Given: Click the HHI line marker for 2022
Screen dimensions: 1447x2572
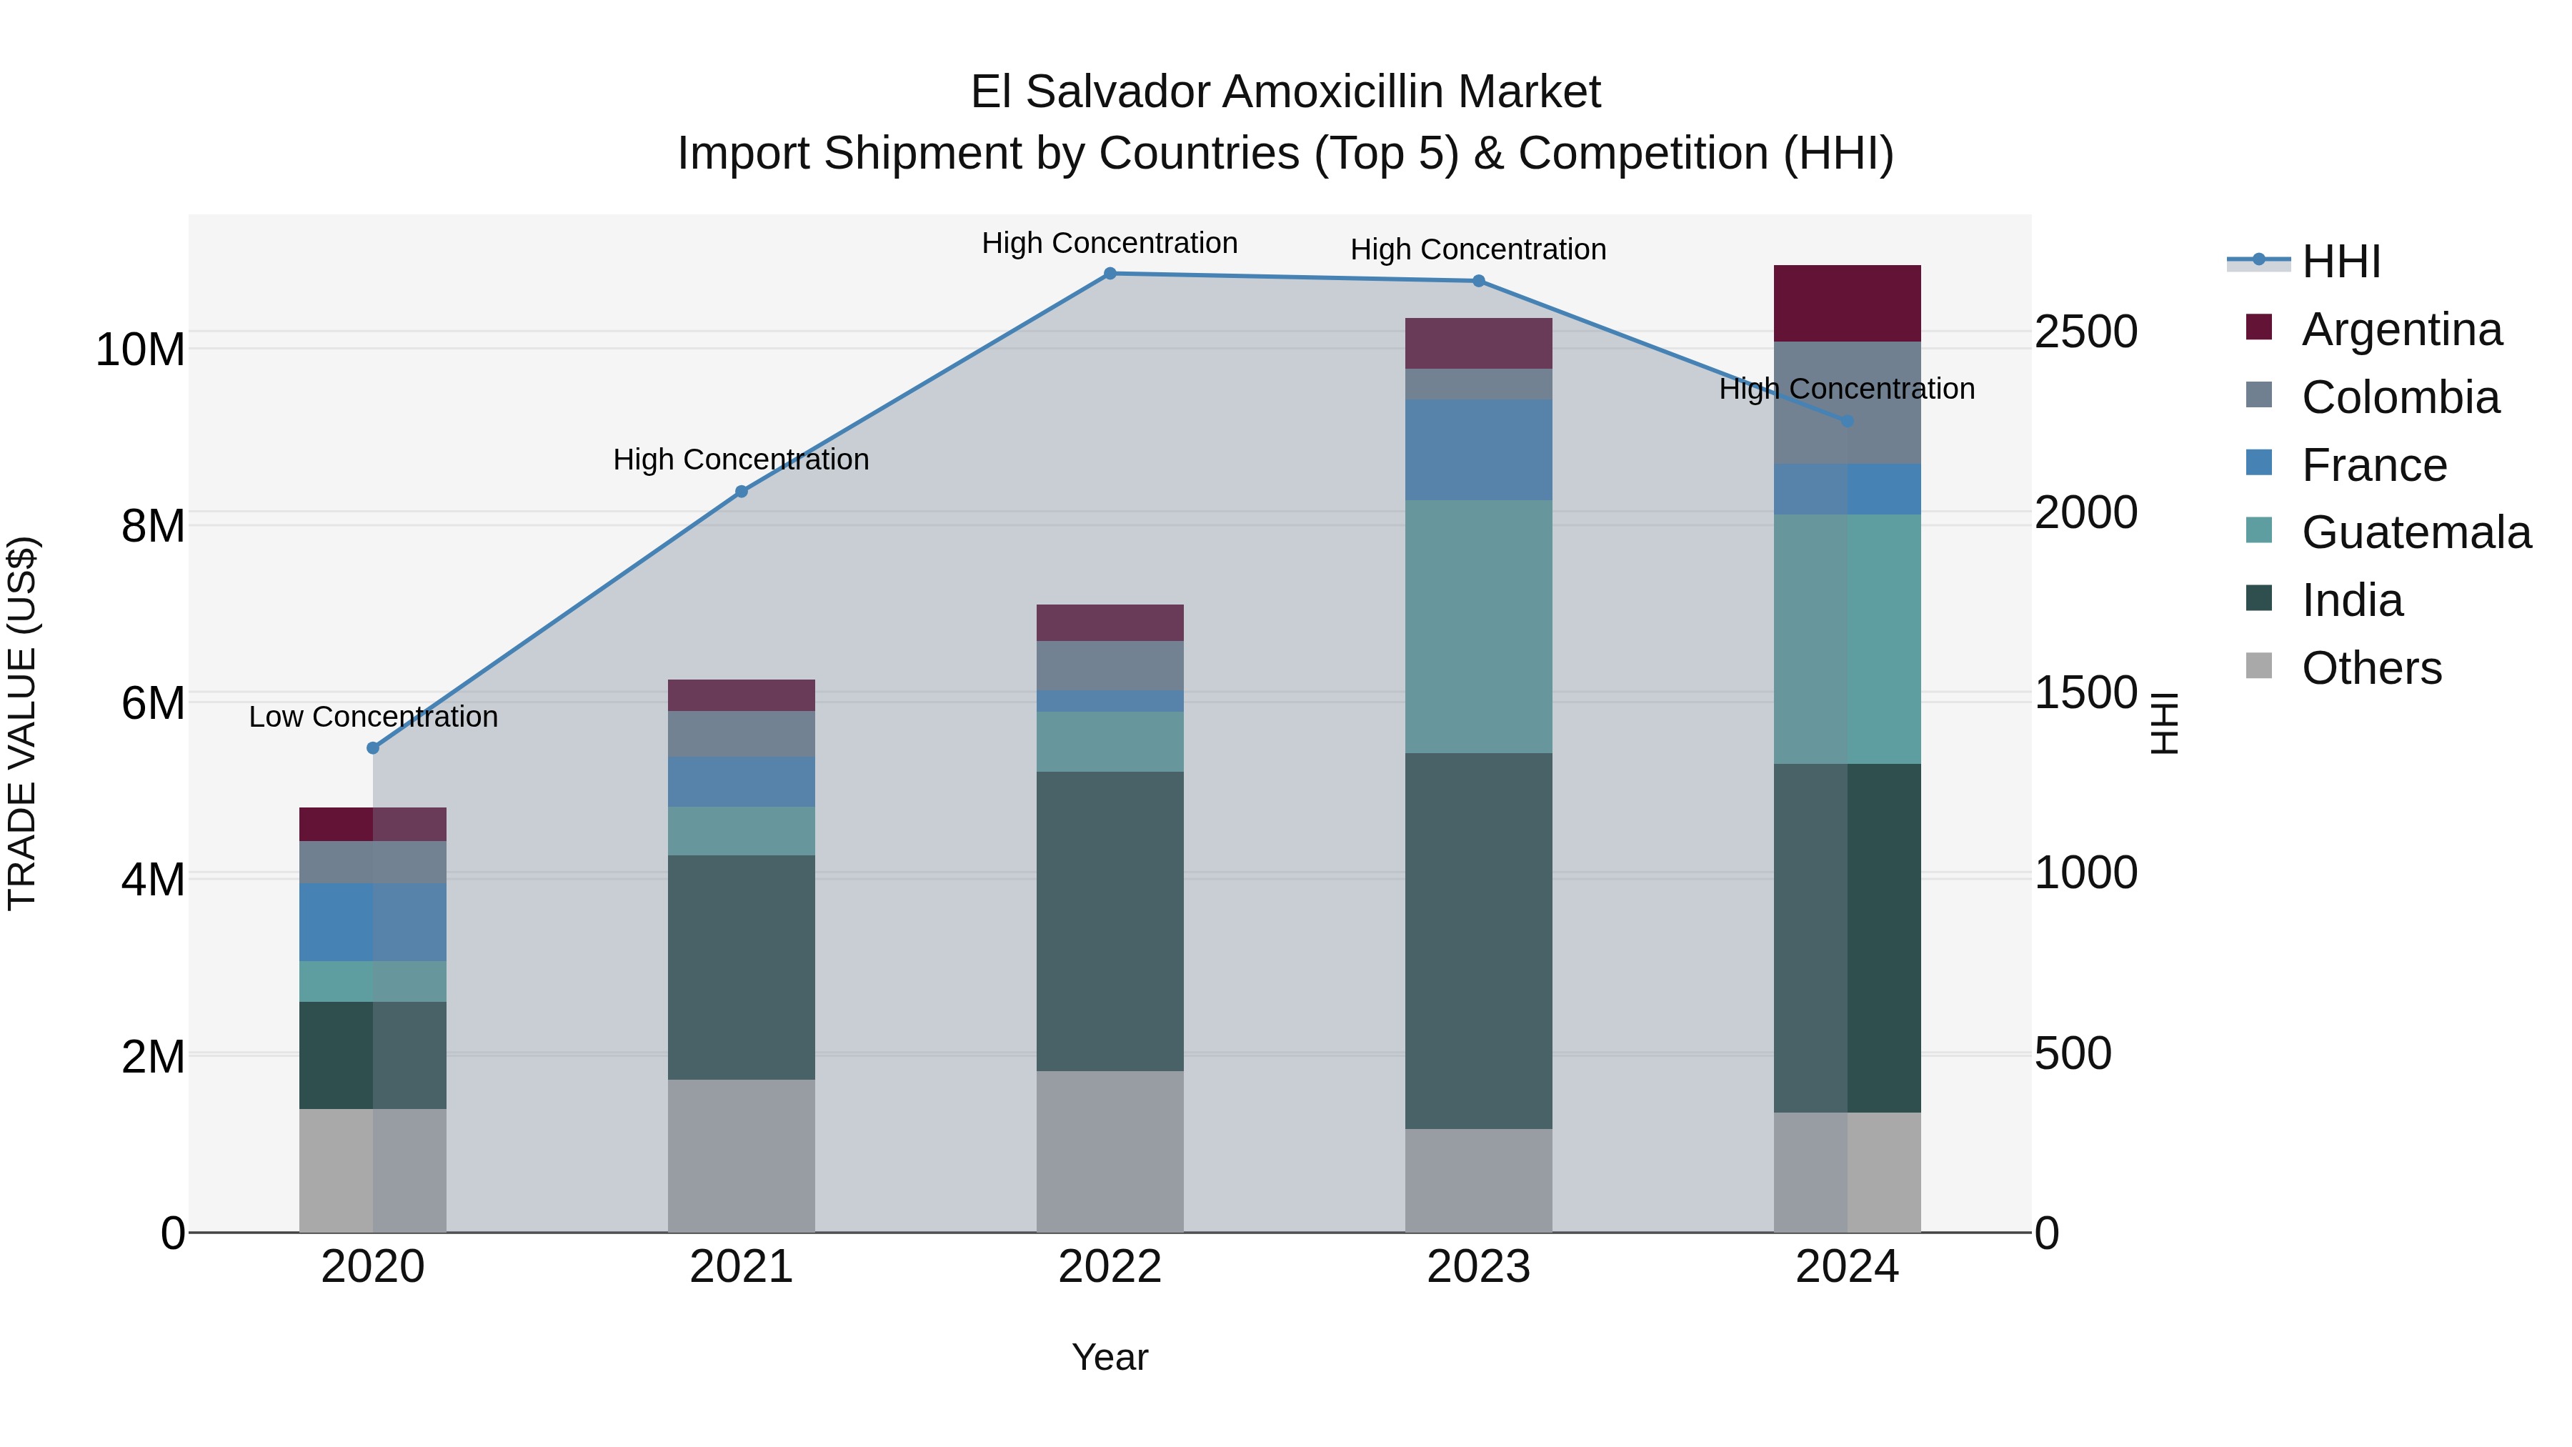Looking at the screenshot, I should click(x=1110, y=274).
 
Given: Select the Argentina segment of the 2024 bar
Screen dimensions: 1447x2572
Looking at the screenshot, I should click(x=1847, y=304).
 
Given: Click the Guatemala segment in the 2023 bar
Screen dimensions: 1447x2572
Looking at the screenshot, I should click(x=1479, y=627).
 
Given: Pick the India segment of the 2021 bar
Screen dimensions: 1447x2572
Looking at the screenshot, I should click(x=741, y=967).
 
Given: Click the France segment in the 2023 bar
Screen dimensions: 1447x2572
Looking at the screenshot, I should click(x=1479, y=449).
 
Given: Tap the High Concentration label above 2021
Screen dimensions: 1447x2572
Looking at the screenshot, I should click(x=741, y=460).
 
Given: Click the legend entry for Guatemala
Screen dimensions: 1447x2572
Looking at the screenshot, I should click(x=2416, y=532).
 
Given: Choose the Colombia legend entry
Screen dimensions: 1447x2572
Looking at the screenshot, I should click(x=2399, y=397).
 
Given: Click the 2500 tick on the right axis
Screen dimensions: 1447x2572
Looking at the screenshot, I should click(x=2085, y=332).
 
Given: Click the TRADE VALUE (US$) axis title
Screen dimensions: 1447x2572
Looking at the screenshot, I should click(x=23, y=723).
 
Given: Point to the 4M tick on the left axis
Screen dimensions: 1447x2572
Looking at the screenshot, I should click(x=153, y=880).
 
